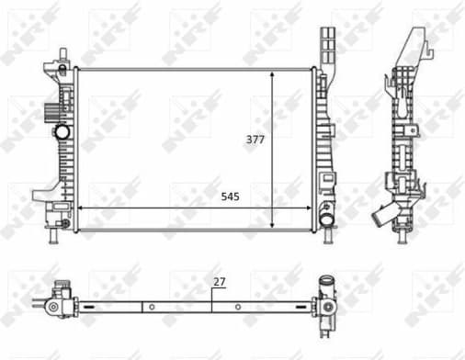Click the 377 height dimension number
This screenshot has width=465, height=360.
(255, 140)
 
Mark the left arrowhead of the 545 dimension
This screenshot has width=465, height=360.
(80, 208)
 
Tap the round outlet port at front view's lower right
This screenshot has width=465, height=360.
(326, 220)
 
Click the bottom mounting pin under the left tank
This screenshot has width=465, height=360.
(53, 238)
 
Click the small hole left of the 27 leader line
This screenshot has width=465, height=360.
(144, 305)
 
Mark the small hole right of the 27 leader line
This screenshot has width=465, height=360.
(237, 305)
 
